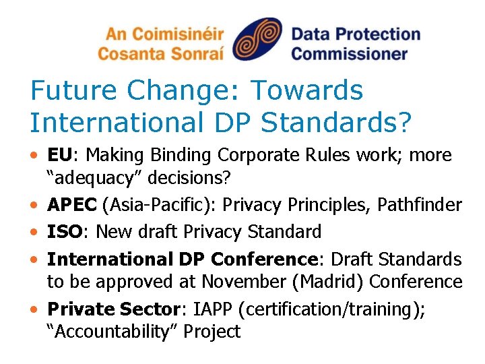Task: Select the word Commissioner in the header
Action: point(350,53)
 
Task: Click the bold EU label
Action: point(59,155)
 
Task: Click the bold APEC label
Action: point(69,205)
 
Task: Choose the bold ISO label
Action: point(63,232)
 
